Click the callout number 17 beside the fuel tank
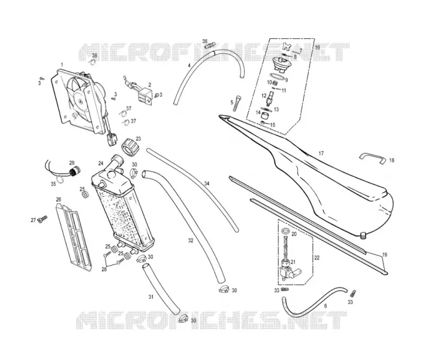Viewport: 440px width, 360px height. [x=321, y=154]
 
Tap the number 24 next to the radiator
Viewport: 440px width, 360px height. [x=101, y=163]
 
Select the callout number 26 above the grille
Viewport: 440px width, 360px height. [x=59, y=200]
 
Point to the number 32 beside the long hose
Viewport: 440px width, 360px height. [x=191, y=241]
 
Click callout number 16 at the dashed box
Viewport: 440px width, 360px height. [x=317, y=47]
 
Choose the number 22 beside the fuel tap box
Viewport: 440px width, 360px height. [x=317, y=258]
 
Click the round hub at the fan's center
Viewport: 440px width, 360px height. [x=80, y=101]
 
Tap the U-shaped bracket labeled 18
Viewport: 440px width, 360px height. [x=372, y=157]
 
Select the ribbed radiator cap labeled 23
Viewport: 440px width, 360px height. [x=129, y=147]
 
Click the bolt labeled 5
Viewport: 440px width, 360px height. [x=238, y=104]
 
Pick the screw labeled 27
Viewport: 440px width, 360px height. [x=43, y=219]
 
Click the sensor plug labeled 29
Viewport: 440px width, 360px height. [x=75, y=171]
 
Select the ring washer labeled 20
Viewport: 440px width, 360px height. [x=285, y=231]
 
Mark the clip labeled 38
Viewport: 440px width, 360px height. [x=92, y=62]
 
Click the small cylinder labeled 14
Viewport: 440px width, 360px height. [x=265, y=115]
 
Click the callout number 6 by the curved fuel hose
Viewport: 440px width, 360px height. [x=326, y=306]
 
